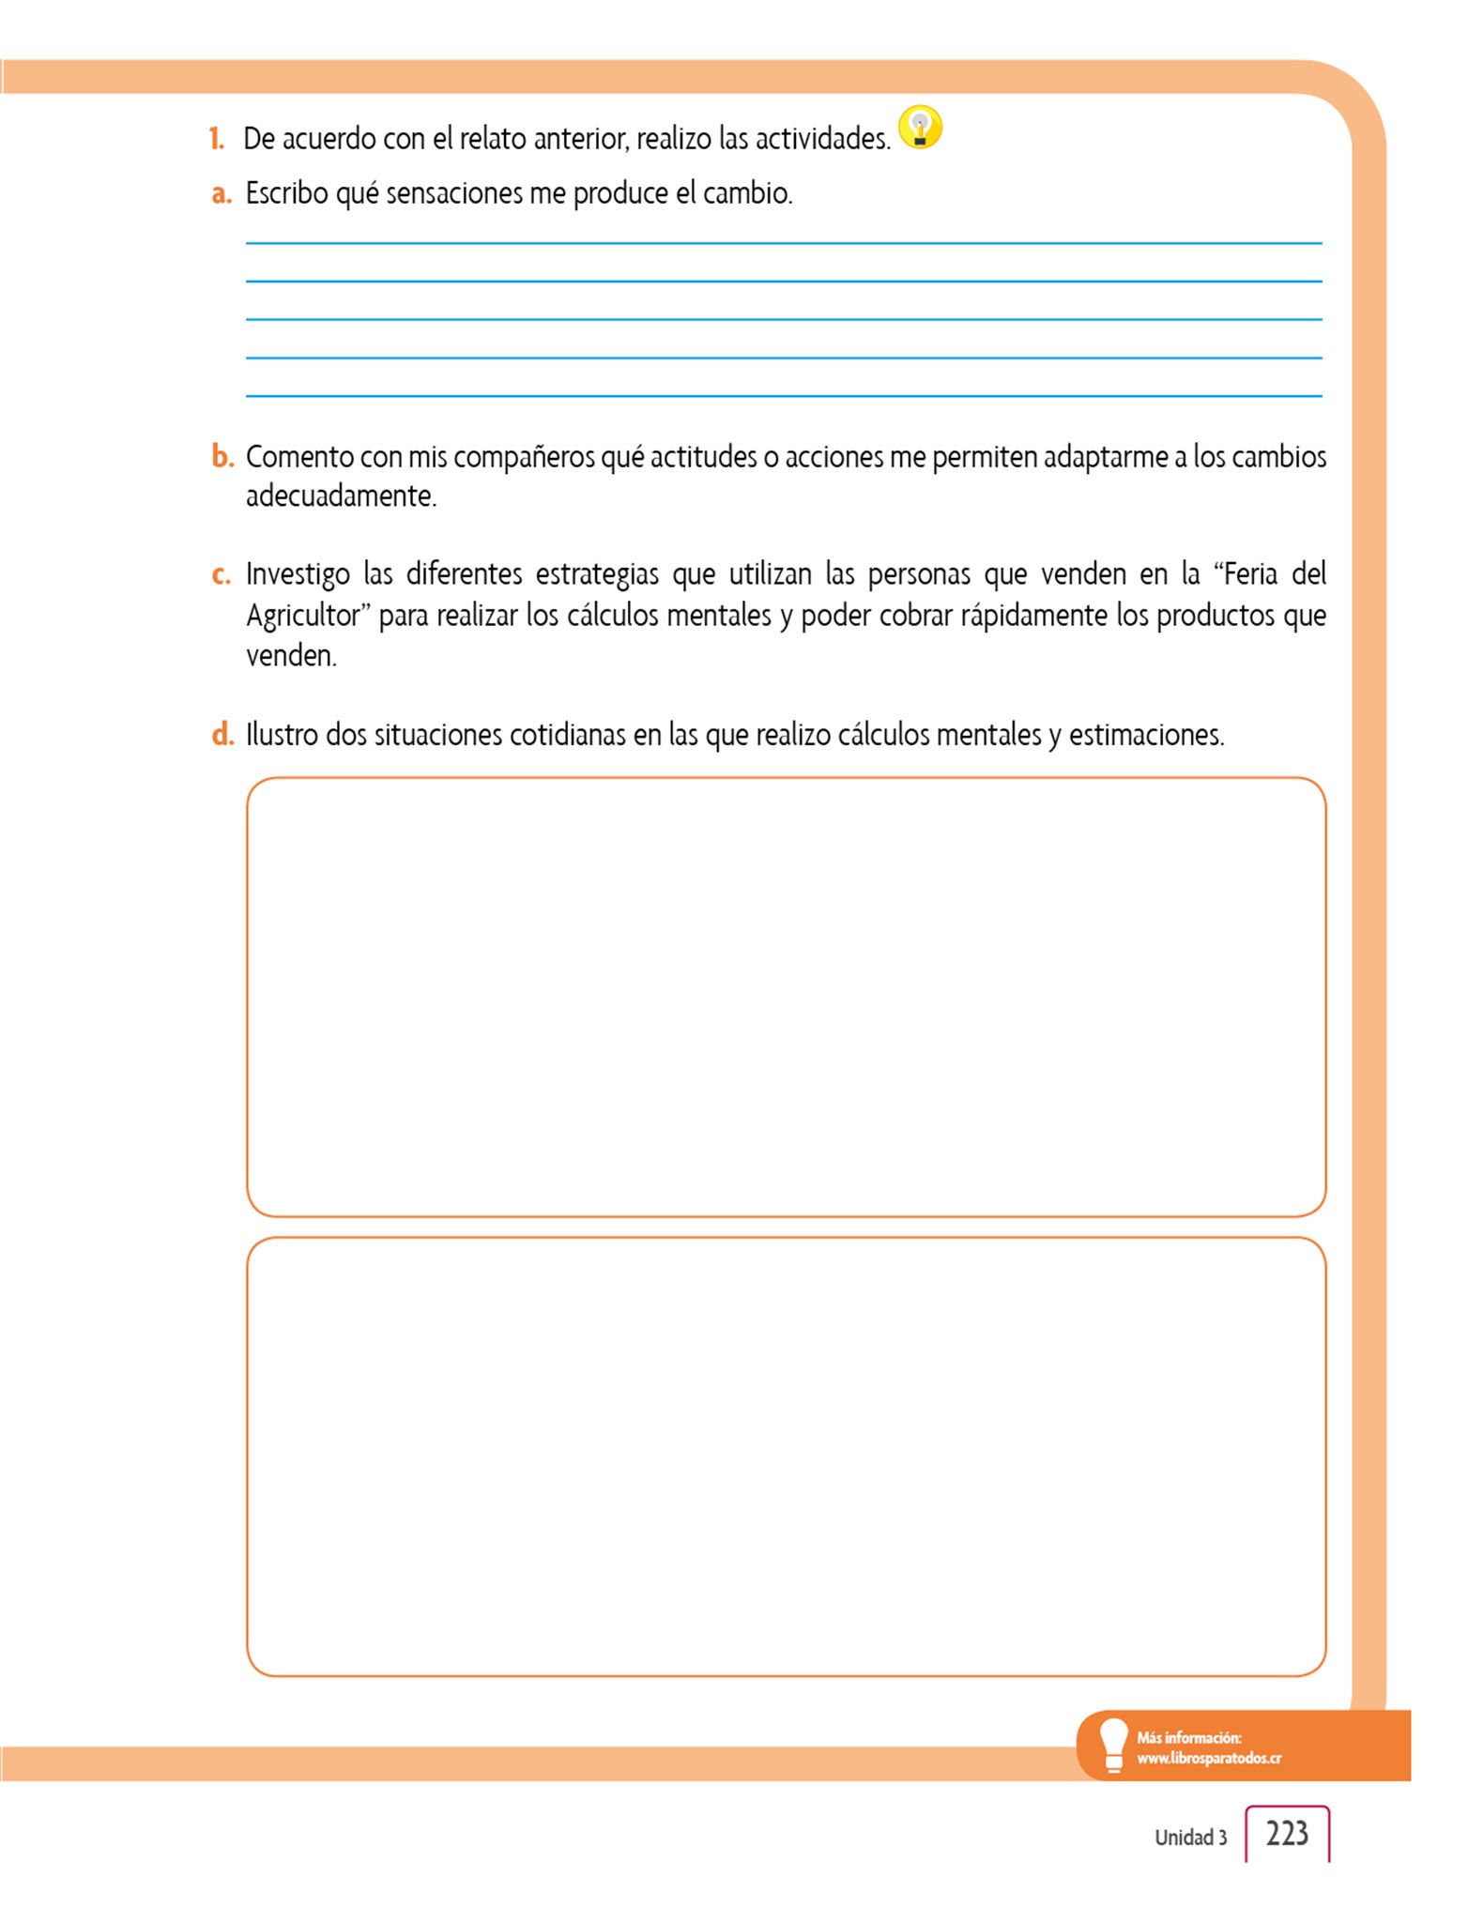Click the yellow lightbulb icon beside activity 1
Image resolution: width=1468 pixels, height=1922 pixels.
(920, 128)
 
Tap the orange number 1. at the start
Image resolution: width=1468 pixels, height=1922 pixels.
(217, 139)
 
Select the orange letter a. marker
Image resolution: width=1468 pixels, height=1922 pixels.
(222, 193)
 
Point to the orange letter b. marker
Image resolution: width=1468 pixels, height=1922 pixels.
(222, 457)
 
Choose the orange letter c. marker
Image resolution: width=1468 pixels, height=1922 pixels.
(222, 574)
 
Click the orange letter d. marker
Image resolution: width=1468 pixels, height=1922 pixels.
(222, 734)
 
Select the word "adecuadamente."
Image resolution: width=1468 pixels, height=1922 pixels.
(341, 496)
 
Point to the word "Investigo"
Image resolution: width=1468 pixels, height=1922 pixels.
(298, 574)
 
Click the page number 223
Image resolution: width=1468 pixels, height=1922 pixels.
(1287, 1833)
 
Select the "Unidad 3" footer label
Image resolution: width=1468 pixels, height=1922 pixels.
(1190, 1838)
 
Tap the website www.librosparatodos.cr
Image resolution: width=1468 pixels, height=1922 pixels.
(1209, 1758)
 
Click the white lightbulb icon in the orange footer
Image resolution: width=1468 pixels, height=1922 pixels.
(1113, 1744)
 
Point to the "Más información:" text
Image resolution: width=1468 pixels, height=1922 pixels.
(1188, 1737)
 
